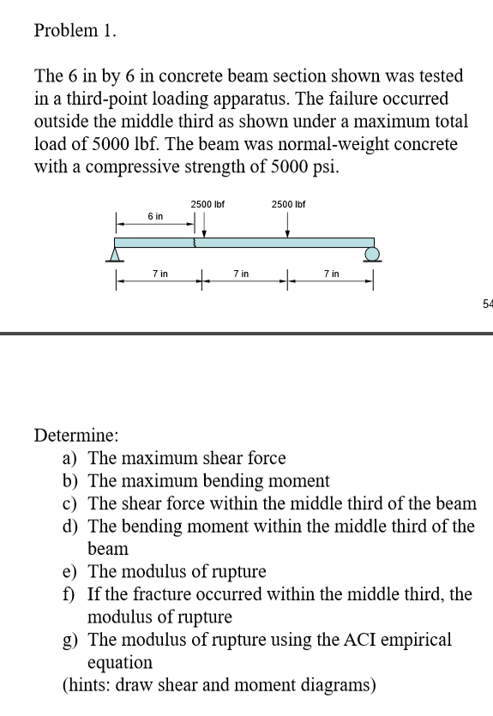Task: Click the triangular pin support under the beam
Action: [113, 253]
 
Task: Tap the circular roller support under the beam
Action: [372, 254]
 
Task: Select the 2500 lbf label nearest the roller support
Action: [288, 204]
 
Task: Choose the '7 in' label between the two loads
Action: [241, 274]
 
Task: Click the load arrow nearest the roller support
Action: [288, 225]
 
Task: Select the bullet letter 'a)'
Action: [72, 459]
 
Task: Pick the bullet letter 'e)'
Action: [72, 571]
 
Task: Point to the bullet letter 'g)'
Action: [72, 639]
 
